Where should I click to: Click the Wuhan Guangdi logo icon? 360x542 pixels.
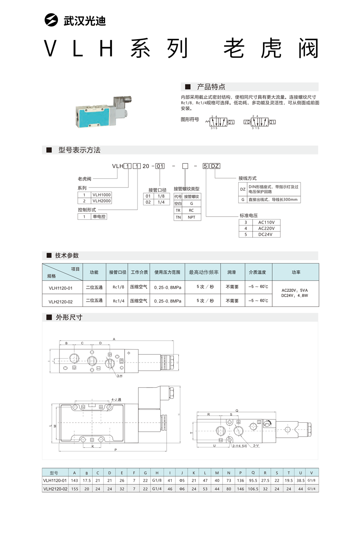coord(51,20)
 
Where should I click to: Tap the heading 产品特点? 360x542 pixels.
coord(211,87)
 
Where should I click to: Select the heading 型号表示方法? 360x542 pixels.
coord(79,150)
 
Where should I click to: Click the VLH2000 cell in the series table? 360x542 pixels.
coord(101,201)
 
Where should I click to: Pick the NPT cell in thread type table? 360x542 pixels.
coord(191,217)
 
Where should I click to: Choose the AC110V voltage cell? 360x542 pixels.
coord(266,222)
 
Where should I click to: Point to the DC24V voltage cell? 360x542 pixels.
coord(266,234)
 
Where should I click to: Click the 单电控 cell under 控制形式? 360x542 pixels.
coord(99,217)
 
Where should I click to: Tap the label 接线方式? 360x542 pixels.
coord(248,178)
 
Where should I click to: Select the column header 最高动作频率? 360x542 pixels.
coord(204,272)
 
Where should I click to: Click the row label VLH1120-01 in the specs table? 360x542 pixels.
coord(60,288)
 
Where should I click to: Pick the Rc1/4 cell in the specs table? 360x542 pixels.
coord(118,301)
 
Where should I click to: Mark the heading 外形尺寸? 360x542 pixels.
coord(69,318)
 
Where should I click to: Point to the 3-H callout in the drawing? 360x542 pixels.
coord(119,376)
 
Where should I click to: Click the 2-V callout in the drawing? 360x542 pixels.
coord(256,445)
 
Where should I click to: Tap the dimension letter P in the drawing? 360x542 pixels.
coord(116,450)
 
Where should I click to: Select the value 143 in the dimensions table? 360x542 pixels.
coord(74,481)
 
